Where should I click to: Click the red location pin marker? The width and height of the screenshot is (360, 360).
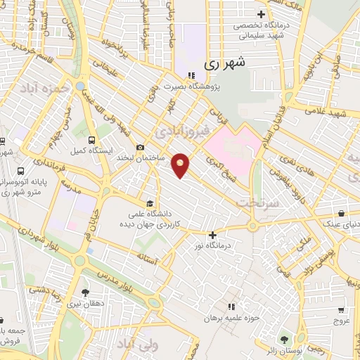click(181, 164)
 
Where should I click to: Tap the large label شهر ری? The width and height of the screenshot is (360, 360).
click(226, 63)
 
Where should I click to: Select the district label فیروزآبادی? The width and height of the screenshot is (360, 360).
click(181, 132)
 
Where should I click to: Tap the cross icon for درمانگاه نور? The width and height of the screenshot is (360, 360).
click(213, 235)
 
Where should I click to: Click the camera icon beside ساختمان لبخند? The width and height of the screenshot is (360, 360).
click(141, 147)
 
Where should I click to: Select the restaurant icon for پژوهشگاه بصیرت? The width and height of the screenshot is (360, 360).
click(191, 76)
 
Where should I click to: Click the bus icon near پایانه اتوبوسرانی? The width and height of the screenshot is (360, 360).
click(20, 171)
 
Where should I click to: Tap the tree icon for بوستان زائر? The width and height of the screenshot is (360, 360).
click(285, 340)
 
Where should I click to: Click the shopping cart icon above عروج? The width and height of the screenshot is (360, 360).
click(341, 309)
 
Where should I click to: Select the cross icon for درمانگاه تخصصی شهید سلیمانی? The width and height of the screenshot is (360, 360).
click(261, 14)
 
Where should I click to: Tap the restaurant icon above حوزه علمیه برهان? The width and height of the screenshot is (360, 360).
click(232, 307)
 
